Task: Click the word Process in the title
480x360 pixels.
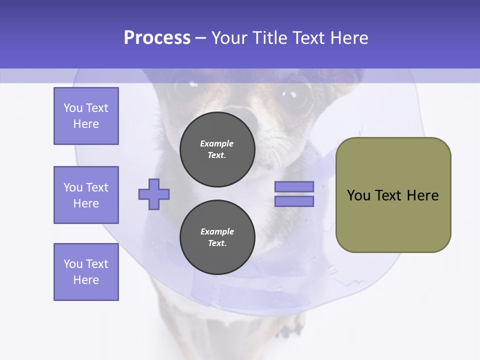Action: coord(157,38)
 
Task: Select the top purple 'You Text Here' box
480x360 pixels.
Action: coord(86,116)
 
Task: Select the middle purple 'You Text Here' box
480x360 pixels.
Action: coord(86,195)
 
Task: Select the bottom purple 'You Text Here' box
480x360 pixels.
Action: coord(86,272)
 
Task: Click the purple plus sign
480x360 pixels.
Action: coord(154,194)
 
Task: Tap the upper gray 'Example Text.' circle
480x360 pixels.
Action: coord(217,149)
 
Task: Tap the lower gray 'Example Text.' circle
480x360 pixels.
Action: coord(217,237)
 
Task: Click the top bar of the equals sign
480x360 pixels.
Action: coord(294,186)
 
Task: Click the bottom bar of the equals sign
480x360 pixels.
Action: coord(294,201)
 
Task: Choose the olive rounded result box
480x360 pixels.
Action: coord(393,195)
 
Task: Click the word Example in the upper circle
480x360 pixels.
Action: coord(217,143)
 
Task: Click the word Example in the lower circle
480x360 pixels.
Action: coord(217,231)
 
